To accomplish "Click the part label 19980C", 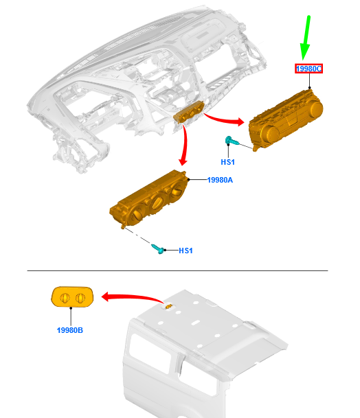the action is point(308,69).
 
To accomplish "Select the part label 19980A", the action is point(220,180).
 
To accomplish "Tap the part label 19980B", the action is point(70,330).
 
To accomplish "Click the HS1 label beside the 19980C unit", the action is point(227,162).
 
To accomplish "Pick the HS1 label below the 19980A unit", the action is point(185,251).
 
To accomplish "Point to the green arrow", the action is point(306,37).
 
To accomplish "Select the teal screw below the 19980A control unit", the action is point(158,249).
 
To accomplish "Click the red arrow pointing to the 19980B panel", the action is point(132,297).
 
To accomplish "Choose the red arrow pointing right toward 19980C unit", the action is point(224,120).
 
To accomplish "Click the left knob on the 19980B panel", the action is point(65,298).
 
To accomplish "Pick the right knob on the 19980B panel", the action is point(80,298).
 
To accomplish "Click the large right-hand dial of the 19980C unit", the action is point(315,109).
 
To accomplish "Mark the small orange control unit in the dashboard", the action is point(189,113).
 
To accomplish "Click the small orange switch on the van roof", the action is point(168,307).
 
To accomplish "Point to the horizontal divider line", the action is point(177,270).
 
